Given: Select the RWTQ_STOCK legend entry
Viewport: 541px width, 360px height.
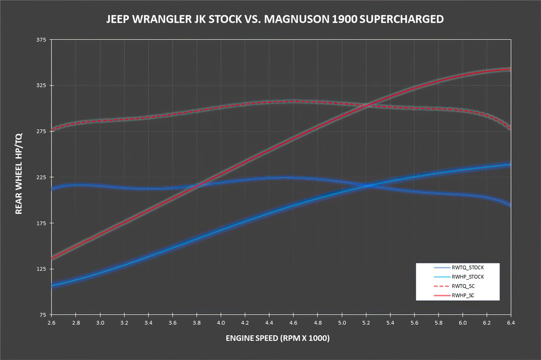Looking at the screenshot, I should (x=467, y=268).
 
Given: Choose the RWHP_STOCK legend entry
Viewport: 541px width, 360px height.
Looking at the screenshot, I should (x=467, y=277).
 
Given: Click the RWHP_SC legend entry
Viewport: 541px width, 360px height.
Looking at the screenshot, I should (x=463, y=295).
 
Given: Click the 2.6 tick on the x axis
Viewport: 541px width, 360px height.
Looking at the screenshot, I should (x=51, y=323).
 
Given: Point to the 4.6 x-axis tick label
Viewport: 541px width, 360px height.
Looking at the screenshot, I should (x=293, y=323).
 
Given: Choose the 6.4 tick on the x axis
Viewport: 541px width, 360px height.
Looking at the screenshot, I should (x=511, y=323).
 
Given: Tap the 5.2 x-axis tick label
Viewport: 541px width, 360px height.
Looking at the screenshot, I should (x=366, y=323).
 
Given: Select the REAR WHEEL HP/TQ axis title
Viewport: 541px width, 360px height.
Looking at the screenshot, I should (x=19, y=174).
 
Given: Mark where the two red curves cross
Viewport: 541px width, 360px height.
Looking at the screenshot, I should (x=367, y=105).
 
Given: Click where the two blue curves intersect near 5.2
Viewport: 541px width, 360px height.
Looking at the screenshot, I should (x=367, y=185).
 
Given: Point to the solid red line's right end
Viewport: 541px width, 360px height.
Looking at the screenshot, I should (x=510, y=69).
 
